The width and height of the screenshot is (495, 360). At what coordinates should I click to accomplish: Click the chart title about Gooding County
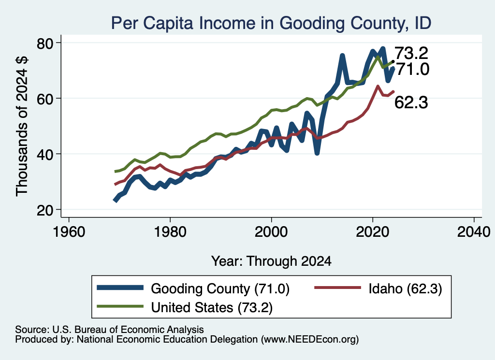point(271,23)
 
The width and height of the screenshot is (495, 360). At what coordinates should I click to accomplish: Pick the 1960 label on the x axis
point(69,232)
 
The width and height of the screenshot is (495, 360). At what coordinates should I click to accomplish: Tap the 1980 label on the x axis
point(170,232)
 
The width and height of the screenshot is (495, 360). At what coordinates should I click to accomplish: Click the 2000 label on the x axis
point(271,232)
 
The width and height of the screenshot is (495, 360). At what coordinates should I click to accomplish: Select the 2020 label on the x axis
point(373,232)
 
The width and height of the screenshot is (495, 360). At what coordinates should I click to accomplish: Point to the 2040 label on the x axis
point(474,232)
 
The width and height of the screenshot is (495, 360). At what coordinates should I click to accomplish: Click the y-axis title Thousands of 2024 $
point(22,126)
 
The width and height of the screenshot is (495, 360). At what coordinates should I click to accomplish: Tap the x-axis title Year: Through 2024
point(271,261)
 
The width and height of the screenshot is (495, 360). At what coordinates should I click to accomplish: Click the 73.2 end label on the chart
point(411,53)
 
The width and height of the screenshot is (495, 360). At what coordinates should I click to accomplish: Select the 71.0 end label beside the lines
point(413,69)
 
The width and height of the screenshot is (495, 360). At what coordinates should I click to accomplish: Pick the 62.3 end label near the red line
point(411,102)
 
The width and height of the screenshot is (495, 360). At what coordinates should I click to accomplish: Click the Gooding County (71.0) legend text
point(220,288)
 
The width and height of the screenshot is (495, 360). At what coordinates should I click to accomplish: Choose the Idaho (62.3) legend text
point(406,288)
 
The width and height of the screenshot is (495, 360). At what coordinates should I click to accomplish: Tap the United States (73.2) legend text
point(212,307)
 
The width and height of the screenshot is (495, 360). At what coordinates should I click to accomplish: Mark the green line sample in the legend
point(120,306)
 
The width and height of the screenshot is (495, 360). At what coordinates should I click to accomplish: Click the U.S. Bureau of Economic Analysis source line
point(109,330)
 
